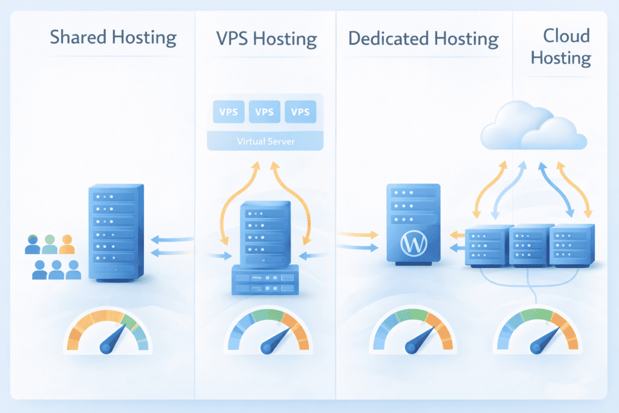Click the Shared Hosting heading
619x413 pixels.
pyautogui.click(x=113, y=37)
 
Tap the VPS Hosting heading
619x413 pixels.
pyautogui.click(x=266, y=39)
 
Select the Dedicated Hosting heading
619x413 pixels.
pyautogui.click(x=424, y=39)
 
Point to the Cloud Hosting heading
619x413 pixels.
pyautogui.click(x=566, y=47)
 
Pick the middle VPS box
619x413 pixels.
pyautogui.click(x=265, y=112)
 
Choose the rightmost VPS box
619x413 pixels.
pyautogui.click(x=300, y=112)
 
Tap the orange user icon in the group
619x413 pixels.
pyautogui.click(x=66, y=245)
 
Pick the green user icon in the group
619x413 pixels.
pyautogui.click(x=50, y=245)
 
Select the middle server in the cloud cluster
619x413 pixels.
pyautogui.click(x=530, y=245)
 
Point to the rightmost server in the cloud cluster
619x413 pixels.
pyautogui.click(x=572, y=245)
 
